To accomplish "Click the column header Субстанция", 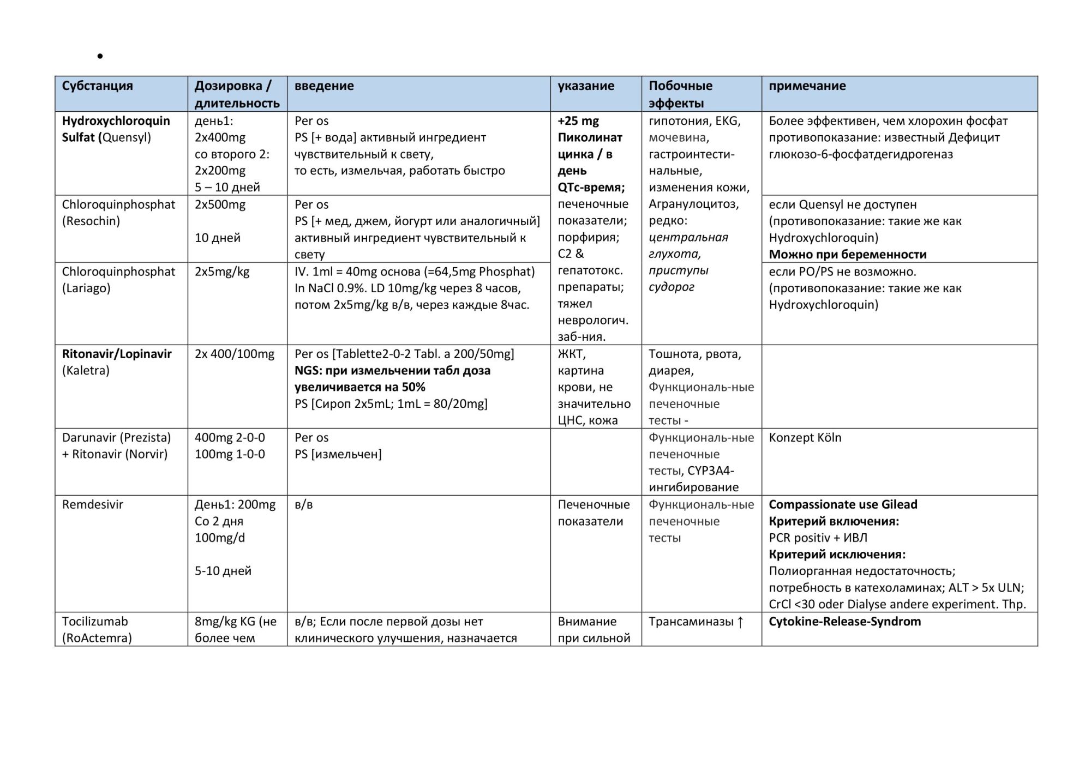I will [97, 86].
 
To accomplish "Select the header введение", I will [324, 86].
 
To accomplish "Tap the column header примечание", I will [807, 86].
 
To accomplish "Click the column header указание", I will [585, 86].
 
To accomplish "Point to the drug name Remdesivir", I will [92, 505].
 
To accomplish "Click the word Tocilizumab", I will [94, 622].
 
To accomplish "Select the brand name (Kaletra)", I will [86, 371].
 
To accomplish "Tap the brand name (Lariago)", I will [86, 288].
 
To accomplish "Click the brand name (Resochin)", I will [91, 221].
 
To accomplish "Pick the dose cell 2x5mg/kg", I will [221, 272].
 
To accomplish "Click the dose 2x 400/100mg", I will [234, 354].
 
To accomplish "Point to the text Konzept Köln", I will [805, 438].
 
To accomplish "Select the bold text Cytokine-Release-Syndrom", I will [844, 622].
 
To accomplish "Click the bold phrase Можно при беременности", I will [847, 255].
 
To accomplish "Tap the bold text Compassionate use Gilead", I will [843, 505].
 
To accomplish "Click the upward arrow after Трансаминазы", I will [740, 622].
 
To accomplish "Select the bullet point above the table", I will [100, 56].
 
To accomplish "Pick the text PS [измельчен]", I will [338, 454].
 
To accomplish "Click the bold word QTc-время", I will [591, 188].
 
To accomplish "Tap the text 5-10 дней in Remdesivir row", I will [223, 571].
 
